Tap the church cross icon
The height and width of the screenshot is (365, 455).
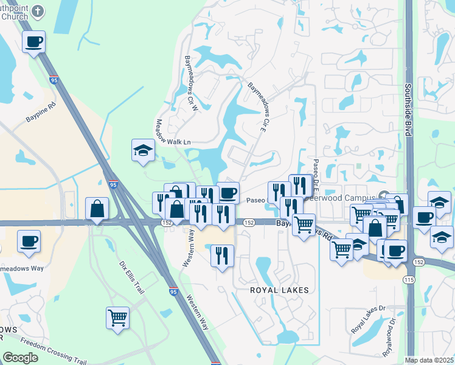point(39,11)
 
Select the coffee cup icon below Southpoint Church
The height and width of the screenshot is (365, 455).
point(34,42)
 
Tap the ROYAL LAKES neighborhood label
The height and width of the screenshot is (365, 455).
point(280,290)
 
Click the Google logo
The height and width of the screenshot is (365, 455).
point(20,358)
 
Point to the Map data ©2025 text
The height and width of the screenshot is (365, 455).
point(429,360)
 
